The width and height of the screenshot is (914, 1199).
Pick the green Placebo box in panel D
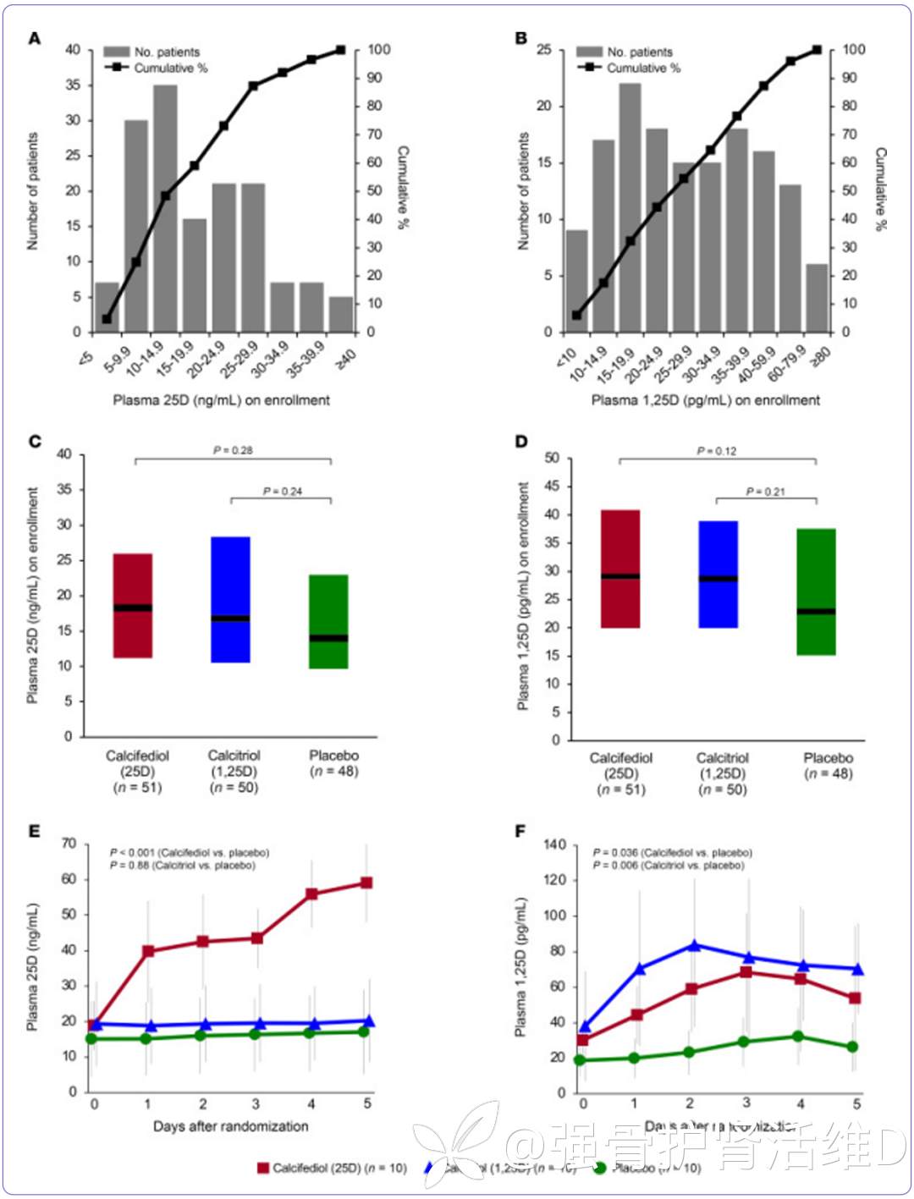click(x=817, y=591)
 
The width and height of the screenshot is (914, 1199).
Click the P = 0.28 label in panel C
click(x=233, y=450)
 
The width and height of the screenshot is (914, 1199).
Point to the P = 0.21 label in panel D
click(x=766, y=492)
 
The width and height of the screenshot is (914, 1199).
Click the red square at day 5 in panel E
click(x=366, y=883)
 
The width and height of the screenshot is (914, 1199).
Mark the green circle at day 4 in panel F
click(x=798, y=1037)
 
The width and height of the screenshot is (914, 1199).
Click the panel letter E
click(x=35, y=831)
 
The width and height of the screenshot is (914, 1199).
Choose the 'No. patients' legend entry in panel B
click(x=626, y=52)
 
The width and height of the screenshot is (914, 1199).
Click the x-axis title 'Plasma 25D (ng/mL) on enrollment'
click(x=222, y=399)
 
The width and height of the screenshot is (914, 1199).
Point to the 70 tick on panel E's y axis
click(x=69, y=844)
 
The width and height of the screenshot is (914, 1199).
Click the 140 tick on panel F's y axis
click(x=555, y=844)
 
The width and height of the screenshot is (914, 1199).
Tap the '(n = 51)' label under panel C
click(x=137, y=787)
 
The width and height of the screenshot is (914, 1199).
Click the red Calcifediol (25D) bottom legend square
click(x=263, y=1168)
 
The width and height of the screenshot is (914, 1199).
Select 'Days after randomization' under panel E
click(x=230, y=1126)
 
